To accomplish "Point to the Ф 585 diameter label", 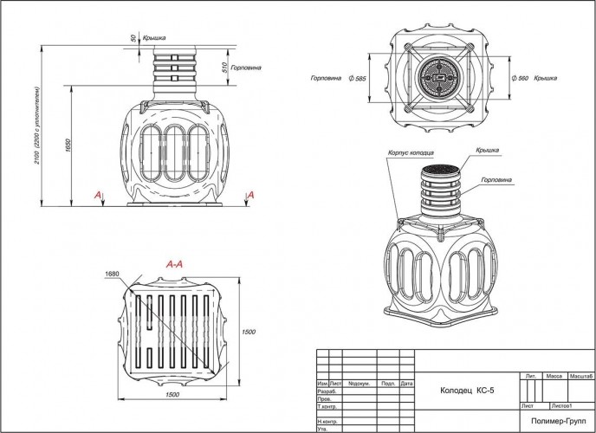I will pos(355,79).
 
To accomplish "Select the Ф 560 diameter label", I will pos(521,79).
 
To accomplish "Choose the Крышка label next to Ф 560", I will pos(546,79).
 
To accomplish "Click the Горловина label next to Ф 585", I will pos(325,79).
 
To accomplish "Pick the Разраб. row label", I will pos(327,391).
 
